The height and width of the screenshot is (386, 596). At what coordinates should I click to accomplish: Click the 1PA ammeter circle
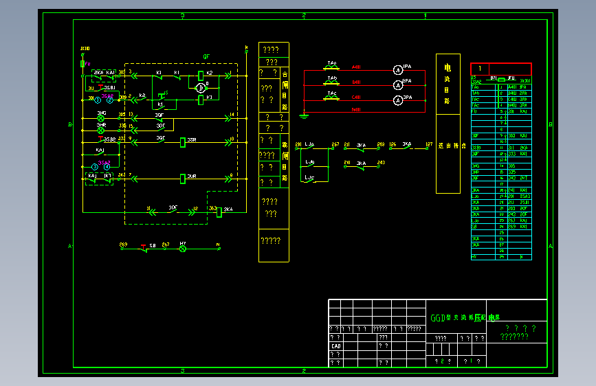coord(397,69)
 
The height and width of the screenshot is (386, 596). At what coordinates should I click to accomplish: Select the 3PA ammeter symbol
coord(397,101)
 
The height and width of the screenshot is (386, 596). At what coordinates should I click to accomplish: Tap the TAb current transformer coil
coord(332,82)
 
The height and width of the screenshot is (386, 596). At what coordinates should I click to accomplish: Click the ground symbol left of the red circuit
coord(304,115)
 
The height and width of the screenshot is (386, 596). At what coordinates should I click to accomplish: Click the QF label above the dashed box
coord(206,57)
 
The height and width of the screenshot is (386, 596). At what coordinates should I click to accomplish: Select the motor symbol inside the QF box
coord(201,88)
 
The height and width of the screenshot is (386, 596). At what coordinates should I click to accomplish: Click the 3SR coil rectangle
coord(183,142)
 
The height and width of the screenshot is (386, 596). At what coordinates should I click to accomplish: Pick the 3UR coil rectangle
coord(183,179)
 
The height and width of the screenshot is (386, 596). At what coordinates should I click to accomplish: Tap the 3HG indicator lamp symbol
coord(100,118)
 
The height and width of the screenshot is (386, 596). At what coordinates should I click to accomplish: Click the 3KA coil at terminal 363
coord(219,212)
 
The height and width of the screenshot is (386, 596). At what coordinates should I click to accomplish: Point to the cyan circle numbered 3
coord(95,167)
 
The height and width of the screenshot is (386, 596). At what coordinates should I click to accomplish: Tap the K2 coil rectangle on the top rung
coord(200,75)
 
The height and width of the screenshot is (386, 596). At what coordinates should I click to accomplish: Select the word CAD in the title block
coord(336,346)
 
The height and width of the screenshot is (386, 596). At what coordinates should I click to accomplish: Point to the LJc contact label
coord(309,178)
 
